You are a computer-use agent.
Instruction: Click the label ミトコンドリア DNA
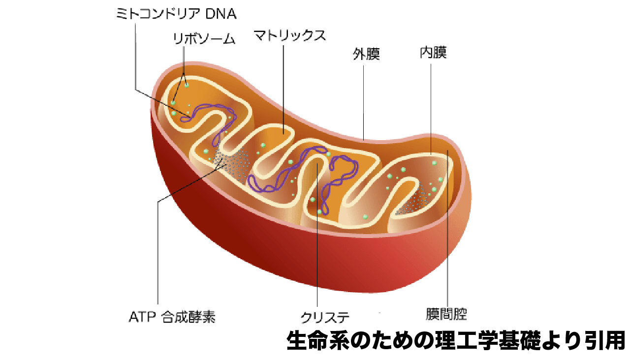pyautogui.click(x=176, y=14)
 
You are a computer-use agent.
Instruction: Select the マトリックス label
pyautogui.click(x=289, y=35)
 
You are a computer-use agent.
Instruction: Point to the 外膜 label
pyautogui.click(x=366, y=54)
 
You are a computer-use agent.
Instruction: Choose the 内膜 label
pyautogui.click(x=433, y=53)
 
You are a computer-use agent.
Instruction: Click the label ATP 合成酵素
pyautogui.click(x=172, y=316)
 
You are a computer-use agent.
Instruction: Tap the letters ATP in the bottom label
pyautogui.click(x=141, y=316)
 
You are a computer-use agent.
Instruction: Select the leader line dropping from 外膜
pyautogui.click(x=364, y=98)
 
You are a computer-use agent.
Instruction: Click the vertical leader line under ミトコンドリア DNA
pyautogui.click(x=134, y=54)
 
